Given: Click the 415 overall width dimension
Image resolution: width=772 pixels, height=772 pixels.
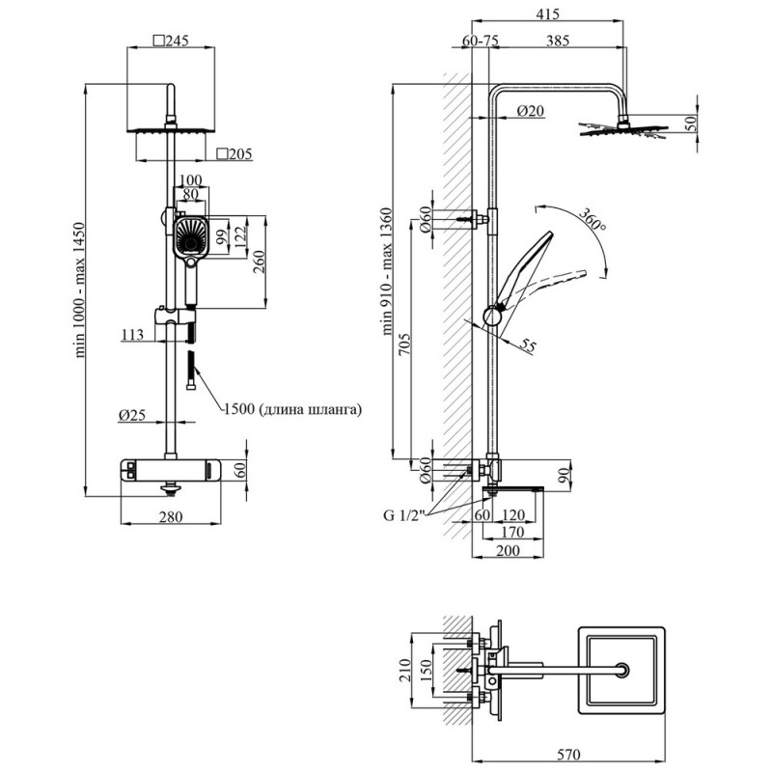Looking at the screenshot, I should pyautogui.click(x=547, y=14).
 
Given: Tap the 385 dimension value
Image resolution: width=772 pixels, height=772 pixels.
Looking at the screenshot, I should pyautogui.click(x=559, y=41).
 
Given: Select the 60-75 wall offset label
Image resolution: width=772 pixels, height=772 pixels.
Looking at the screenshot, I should pyautogui.click(x=480, y=41).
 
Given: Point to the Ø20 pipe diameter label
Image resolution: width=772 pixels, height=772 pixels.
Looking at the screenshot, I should pyautogui.click(x=530, y=111).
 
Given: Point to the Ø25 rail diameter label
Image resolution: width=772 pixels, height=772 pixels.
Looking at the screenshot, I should pyautogui.click(x=131, y=415).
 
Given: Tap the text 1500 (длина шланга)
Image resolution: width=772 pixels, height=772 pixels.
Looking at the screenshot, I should pyautogui.click(x=292, y=409).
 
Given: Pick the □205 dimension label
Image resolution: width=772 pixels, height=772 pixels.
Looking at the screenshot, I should pyautogui.click(x=235, y=152).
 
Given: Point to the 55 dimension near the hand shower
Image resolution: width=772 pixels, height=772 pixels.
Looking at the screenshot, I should pyautogui.click(x=528, y=345).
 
